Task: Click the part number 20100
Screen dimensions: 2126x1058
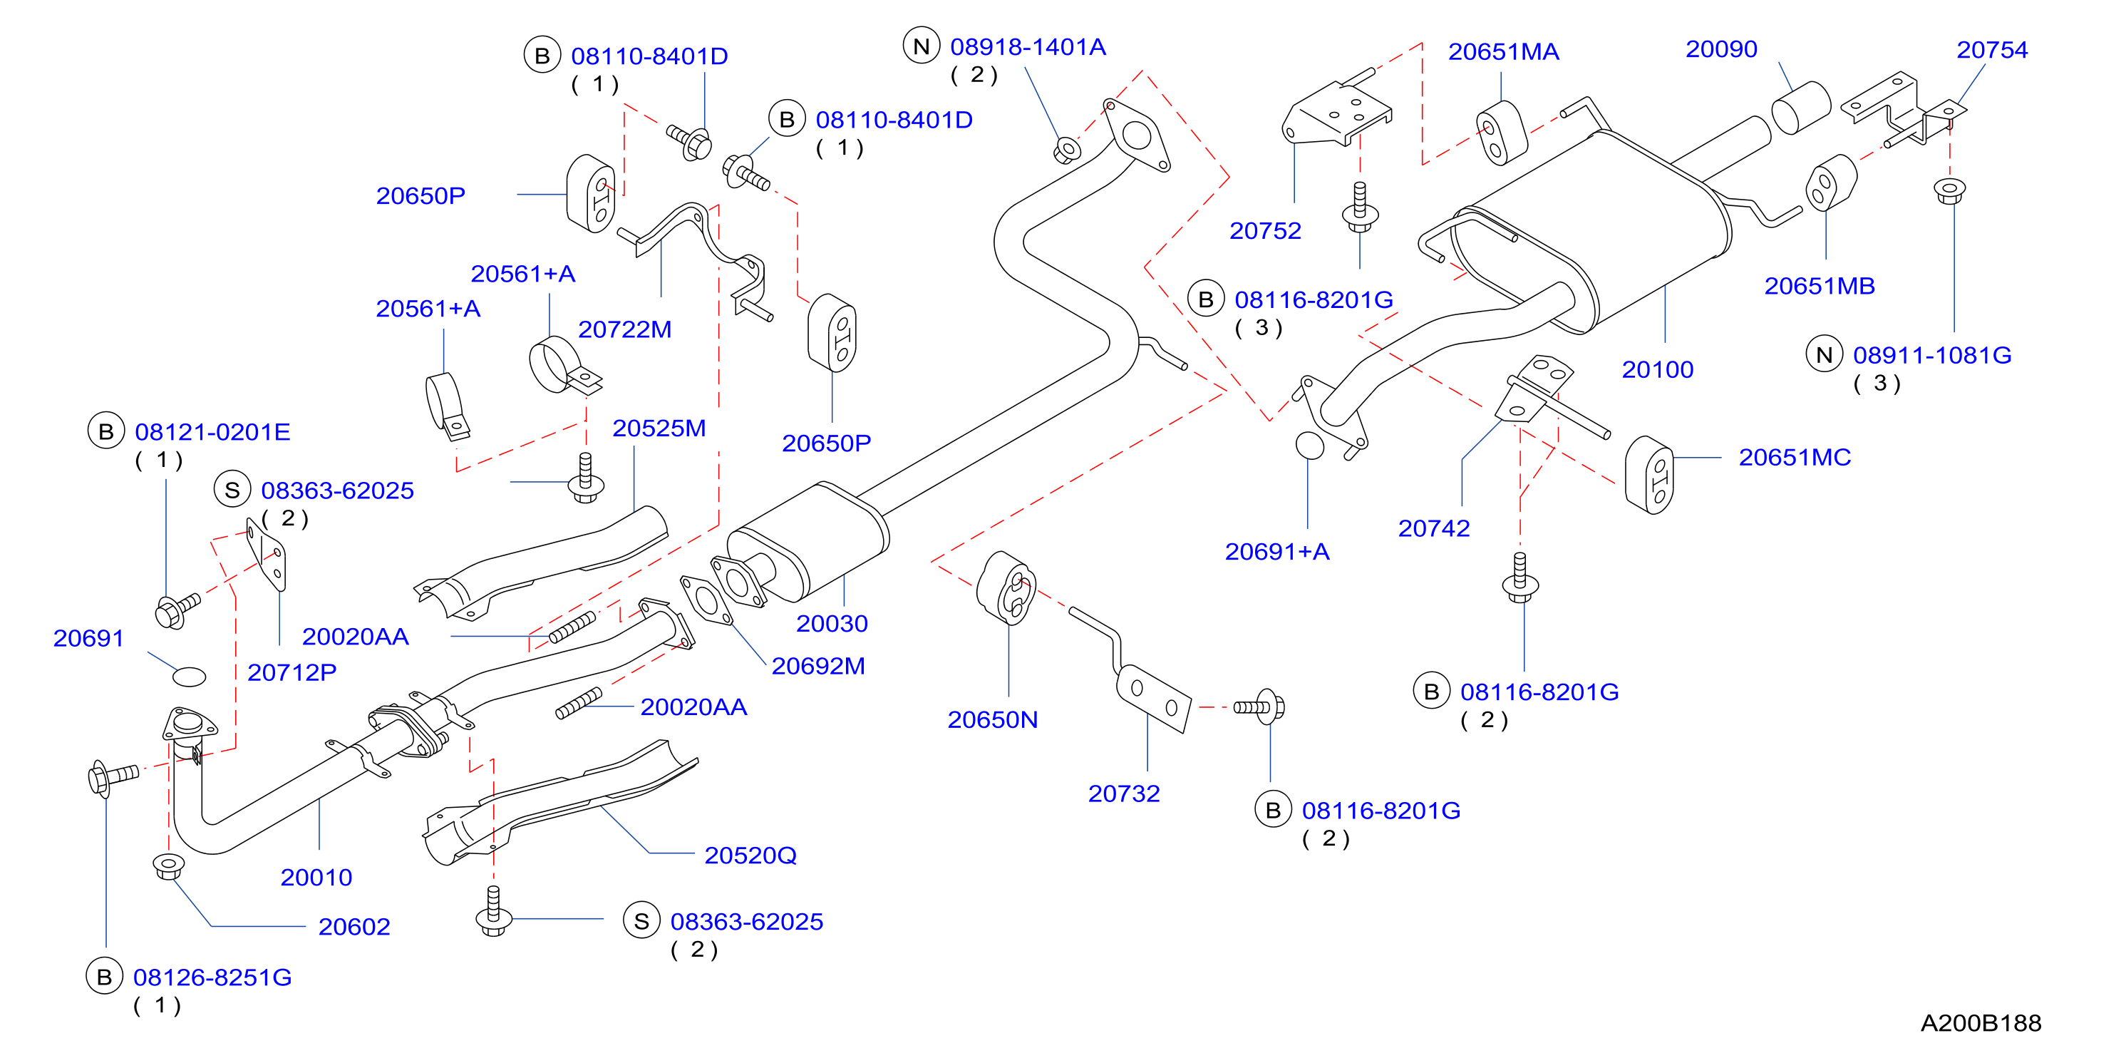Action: (1657, 370)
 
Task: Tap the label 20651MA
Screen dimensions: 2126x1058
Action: (1504, 52)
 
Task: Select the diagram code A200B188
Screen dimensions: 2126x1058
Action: (1981, 1023)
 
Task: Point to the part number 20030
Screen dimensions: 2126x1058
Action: (832, 624)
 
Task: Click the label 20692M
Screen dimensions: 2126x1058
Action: (818, 666)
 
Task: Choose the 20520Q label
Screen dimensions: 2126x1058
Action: (750, 856)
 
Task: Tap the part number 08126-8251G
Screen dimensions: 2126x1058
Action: (213, 978)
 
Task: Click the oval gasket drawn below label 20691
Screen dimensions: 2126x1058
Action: (189, 677)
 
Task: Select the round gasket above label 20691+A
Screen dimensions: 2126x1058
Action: (1310, 446)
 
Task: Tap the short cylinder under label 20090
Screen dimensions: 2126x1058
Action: (1801, 107)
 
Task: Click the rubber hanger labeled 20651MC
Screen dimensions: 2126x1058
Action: (1649, 476)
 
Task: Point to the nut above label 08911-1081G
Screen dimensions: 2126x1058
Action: (1950, 190)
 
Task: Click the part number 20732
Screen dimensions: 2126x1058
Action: (1124, 794)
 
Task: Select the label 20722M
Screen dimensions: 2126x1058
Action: (625, 330)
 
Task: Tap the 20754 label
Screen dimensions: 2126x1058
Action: (1992, 51)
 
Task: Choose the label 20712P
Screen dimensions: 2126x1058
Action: (292, 672)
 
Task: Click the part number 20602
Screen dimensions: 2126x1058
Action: (354, 928)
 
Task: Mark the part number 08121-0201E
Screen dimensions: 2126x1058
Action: (213, 433)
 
